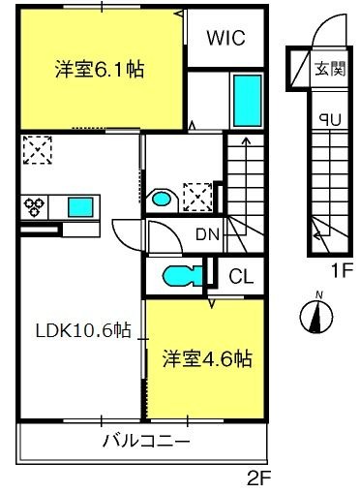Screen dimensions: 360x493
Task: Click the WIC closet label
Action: click(225, 38)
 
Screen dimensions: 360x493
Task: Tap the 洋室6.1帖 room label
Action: click(100, 69)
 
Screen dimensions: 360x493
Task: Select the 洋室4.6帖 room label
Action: click(207, 358)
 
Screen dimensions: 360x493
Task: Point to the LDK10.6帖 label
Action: click(83, 330)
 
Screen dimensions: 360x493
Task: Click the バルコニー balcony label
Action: click(146, 441)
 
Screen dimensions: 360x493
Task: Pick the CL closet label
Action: click(241, 277)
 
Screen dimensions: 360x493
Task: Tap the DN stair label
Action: click(207, 234)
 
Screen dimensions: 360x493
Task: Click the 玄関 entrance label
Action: click(330, 68)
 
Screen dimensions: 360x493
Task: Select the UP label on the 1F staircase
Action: click(330, 120)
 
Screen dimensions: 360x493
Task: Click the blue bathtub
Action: click(247, 101)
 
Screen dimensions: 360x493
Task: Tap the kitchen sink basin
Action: click(80, 207)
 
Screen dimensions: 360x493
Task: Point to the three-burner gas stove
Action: click(34, 206)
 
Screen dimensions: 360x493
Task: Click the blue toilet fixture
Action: click(182, 276)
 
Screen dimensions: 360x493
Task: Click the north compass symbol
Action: click(316, 316)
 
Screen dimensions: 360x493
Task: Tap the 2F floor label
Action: click(259, 478)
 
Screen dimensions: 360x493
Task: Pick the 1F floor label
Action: click(340, 271)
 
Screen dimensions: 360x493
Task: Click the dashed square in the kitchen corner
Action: click(38, 150)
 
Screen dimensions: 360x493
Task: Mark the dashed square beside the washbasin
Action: click(197, 198)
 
